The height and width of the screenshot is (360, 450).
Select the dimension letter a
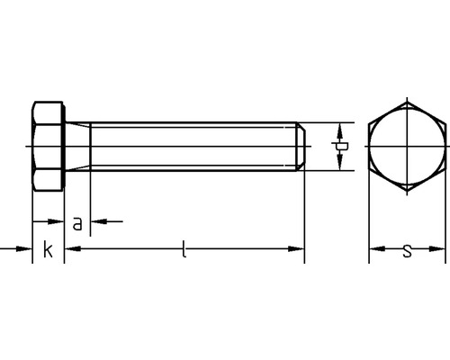click(78, 223)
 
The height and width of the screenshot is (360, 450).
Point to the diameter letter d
click(339, 147)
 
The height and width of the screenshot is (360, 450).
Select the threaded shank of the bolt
click(193, 146)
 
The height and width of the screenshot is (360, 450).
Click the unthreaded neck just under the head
click(79, 146)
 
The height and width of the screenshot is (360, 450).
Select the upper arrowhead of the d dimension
click(339, 127)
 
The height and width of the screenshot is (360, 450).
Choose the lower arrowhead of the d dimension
click(339, 165)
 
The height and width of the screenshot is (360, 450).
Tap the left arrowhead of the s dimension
click(373, 246)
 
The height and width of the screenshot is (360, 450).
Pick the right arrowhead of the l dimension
click(299, 246)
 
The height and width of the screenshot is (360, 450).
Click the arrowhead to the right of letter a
click(98, 220)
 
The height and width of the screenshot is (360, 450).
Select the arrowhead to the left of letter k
click(26, 246)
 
